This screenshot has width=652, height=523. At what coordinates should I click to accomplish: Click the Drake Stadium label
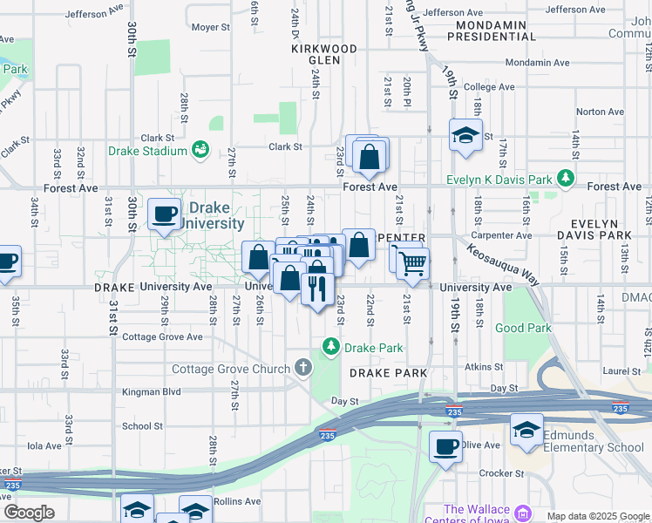coord(147,151)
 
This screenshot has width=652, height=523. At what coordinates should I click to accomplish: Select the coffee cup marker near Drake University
coord(164,214)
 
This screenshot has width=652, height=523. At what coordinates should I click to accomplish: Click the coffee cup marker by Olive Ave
coord(446,447)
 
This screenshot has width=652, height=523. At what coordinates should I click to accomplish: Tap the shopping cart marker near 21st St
coord(413,262)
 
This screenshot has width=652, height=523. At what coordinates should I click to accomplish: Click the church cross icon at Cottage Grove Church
coord(302,368)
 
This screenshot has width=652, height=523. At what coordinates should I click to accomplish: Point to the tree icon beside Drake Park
coord(331,347)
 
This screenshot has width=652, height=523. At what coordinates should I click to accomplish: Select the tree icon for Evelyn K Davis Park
coord(567,179)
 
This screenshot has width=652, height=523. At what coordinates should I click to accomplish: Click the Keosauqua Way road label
coord(503,261)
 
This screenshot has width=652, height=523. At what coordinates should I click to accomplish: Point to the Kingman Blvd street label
coord(152,392)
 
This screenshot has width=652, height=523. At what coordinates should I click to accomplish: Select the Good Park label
coord(523,329)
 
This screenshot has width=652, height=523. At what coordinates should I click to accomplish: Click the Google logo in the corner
coord(29,513)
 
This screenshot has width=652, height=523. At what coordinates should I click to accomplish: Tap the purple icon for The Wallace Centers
coord(522,512)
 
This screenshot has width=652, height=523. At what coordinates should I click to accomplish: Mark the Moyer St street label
coord(210,28)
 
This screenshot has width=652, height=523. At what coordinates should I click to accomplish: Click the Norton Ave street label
coord(601,112)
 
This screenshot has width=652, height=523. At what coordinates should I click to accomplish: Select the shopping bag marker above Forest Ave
coord(370,156)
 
